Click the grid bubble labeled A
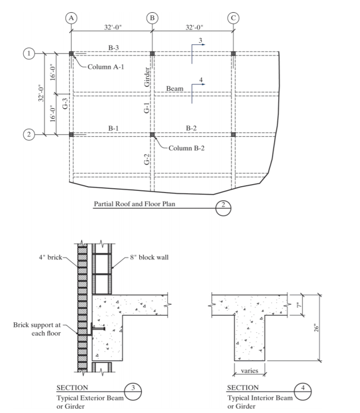click(71, 17)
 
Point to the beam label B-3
click(114, 48)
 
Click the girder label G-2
click(147, 159)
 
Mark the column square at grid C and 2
click(233, 135)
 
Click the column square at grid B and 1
click(152, 53)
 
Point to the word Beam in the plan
click(174, 89)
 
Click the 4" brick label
click(51, 258)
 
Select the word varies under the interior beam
click(249, 371)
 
